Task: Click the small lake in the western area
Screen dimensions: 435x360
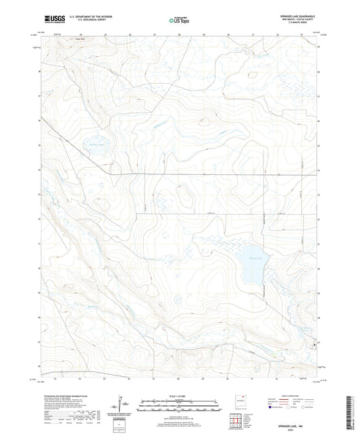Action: (94, 150)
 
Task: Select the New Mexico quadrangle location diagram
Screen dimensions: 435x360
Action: (237, 401)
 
